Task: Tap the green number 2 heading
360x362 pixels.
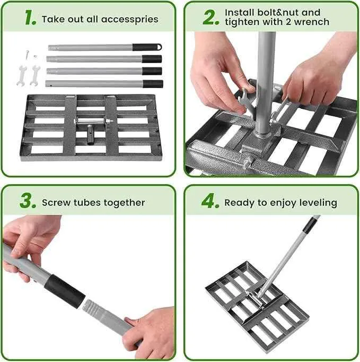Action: click(211, 16)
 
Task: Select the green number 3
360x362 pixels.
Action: click(28, 201)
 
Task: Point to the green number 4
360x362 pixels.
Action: click(210, 202)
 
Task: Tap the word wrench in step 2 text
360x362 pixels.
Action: click(313, 22)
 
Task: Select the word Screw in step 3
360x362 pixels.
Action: click(56, 202)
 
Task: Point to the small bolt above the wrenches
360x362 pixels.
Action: click(25, 54)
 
